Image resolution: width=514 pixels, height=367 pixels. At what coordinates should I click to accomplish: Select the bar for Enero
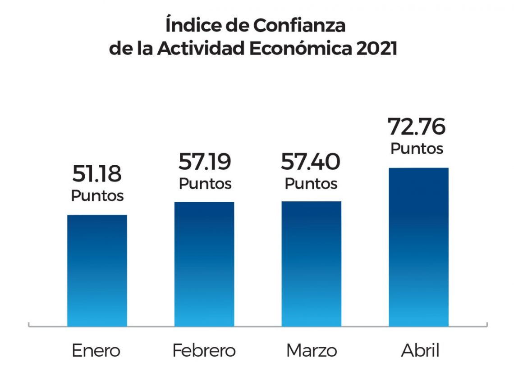97,270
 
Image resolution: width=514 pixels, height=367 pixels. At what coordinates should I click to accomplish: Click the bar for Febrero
204,263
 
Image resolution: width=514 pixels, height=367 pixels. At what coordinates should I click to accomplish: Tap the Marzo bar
312,263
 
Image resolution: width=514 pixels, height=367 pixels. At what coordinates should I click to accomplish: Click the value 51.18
97,174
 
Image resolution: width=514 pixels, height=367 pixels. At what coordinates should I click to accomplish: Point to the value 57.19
205,162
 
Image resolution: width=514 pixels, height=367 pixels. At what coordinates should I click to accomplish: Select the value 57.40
311,162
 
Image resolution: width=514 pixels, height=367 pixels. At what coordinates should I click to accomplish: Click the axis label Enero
96,351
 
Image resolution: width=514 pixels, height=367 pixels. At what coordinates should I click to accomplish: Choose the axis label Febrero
204,351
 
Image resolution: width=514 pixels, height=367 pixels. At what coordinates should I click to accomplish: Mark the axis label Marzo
312,351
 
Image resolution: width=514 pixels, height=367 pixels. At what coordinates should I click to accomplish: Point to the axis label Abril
420,351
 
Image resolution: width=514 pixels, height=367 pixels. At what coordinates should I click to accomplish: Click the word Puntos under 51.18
97,196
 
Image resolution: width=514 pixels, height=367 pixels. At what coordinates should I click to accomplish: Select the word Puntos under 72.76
417,148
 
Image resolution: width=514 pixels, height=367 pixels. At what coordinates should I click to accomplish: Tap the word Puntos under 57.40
311,183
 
